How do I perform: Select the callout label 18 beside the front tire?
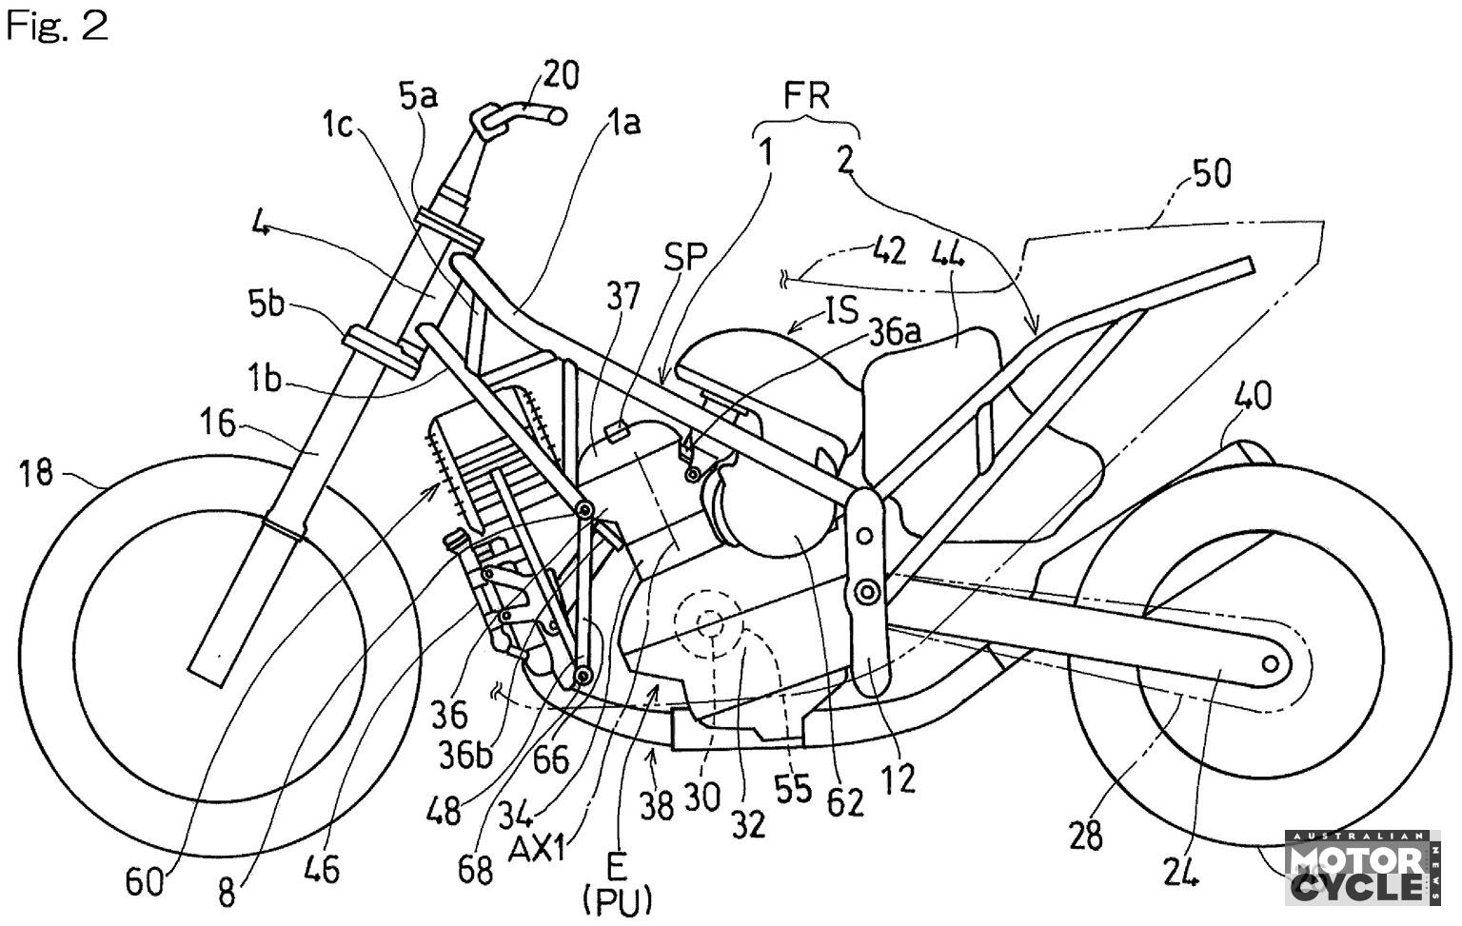[37, 473]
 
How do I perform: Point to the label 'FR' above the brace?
[807, 96]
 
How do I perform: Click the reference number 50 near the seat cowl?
[1212, 173]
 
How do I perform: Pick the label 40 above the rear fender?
[1254, 395]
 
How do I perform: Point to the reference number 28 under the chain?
[1085, 835]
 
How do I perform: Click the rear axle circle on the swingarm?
[1271, 661]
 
